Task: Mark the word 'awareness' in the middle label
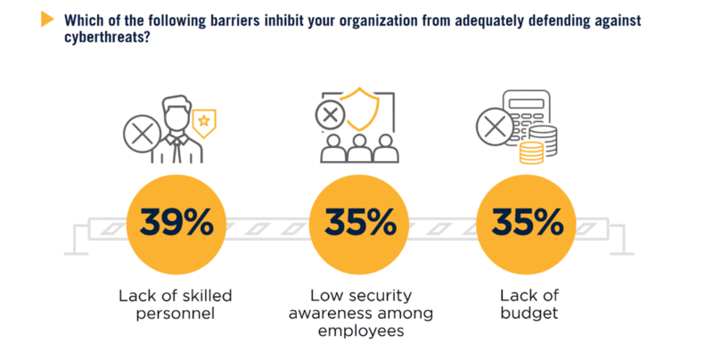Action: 361,313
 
